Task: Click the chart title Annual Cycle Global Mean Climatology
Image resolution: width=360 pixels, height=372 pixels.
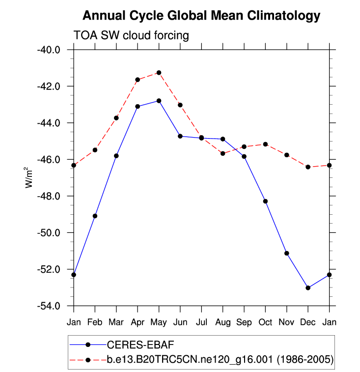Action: coord(201,16)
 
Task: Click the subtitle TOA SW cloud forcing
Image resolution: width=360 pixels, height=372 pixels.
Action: coord(131,35)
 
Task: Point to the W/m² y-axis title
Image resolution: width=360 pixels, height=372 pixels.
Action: coord(30,177)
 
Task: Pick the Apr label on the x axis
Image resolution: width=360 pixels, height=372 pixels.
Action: coord(138,322)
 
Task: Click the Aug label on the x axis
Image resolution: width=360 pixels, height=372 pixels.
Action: coord(222,322)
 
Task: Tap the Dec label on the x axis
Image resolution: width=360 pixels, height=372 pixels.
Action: coord(308,322)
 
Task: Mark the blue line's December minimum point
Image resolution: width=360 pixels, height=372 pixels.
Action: coord(308,288)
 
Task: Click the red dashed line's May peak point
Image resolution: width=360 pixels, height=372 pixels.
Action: coord(159,73)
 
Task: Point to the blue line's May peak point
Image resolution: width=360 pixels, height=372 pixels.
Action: coord(159,101)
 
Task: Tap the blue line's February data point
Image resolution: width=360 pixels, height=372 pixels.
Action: coord(95,216)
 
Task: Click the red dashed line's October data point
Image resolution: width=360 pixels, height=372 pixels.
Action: coord(265,144)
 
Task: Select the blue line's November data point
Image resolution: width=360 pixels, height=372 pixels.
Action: coord(287,253)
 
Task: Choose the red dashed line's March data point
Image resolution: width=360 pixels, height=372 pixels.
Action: coord(116,118)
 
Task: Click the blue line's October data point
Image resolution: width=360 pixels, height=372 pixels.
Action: coord(265,201)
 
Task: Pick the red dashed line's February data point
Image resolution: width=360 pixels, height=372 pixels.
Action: coord(95,150)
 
